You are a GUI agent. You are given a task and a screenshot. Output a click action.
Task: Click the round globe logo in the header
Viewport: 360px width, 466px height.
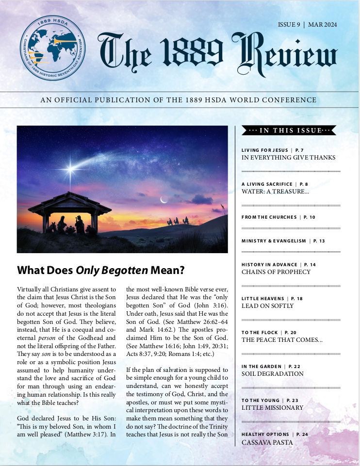click(53, 48)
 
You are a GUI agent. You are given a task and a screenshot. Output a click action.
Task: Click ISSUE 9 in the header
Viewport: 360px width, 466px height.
click(289, 25)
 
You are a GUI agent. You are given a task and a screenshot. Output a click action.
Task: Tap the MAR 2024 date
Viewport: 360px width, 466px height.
click(323, 25)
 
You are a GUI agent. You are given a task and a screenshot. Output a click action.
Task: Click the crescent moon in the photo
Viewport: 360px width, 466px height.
click(164, 199)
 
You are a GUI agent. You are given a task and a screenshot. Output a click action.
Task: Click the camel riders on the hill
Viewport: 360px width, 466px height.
click(178, 222)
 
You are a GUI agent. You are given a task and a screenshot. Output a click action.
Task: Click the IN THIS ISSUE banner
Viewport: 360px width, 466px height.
click(289, 130)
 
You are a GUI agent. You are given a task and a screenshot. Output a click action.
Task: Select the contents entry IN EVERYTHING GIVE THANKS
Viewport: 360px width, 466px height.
click(288, 158)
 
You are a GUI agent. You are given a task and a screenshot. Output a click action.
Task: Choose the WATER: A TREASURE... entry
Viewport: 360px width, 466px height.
click(275, 192)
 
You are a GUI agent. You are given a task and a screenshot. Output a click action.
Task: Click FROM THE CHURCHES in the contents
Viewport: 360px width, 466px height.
click(269, 217)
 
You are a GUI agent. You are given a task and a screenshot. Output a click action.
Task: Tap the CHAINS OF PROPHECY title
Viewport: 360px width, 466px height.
click(276, 272)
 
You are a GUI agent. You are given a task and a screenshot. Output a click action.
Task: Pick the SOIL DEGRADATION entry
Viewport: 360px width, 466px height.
click(272, 374)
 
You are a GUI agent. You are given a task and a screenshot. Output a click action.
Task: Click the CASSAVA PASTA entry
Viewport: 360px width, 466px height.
click(267, 442)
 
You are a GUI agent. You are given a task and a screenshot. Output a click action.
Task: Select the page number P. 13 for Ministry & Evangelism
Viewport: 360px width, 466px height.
click(319, 241)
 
